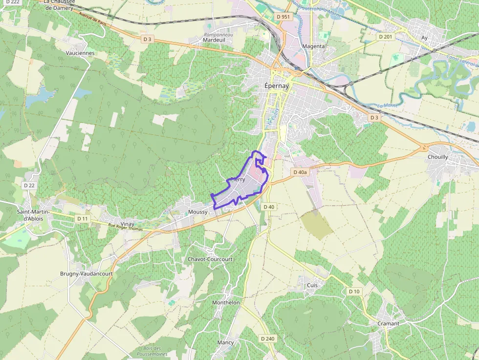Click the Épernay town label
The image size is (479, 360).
pyautogui.click(x=277, y=85)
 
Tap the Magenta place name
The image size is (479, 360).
pyautogui.click(x=313, y=46)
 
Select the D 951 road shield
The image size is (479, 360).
pyautogui.click(x=283, y=17)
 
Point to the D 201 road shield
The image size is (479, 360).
pyautogui.click(x=385, y=37)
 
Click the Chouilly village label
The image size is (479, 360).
pyautogui.click(x=437, y=157)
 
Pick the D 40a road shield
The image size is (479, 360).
pyautogui.click(x=300, y=172)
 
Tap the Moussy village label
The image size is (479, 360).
pyautogui.click(x=198, y=212)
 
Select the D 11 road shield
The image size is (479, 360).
pyautogui.click(x=82, y=218)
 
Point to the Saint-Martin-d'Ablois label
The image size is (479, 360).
pyautogui.click(x=37, y=215)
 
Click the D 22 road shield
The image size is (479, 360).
pyautogui.click(x=29, y=185)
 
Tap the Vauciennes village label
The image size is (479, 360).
pyautogui.click(x=80, y=53)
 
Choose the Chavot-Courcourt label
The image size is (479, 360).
pyautogui.click(x=210, y=259)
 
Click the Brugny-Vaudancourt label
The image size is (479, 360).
pyautogui.click(x=86, y=274)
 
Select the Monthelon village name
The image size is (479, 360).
pyautogui.click(x=226, y=302)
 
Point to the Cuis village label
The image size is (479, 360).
pyautogui.click(x=312, y=285)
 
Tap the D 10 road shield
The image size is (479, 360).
pyautogui.click(x=354, y=291)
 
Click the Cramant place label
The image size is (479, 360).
pyautogui.click(x=388, y=323)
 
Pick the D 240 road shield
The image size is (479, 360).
pyautogui.click(x=267, y=338)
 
